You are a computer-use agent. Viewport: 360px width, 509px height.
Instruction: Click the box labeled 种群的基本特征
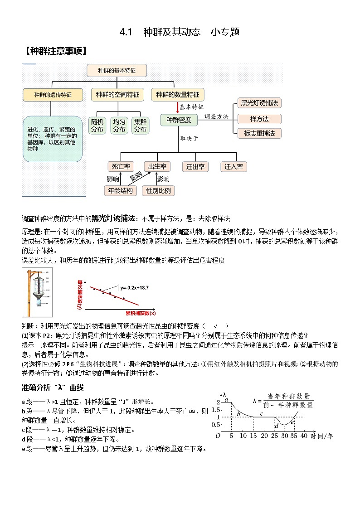pyautogui.click(x=117, y=70)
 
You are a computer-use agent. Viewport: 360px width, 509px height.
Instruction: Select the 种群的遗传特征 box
pyautogui.click(x=53, y=95)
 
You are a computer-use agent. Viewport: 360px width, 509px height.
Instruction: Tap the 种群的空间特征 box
pyautogui.click(x=117, y=95)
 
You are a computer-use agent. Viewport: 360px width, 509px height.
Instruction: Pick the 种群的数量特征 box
pyautogui.click(x=177, y=95)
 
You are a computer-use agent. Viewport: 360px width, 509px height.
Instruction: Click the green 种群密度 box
pyautogui.click(x=179, y=120)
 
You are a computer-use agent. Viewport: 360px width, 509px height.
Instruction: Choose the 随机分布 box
pyautogui.click(x=97, y=126)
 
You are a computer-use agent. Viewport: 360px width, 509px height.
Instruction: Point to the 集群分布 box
pyautogui.click(x=140, y=126)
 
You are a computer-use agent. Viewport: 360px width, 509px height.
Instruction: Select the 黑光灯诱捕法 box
pyautogui.click(x=259, y=103)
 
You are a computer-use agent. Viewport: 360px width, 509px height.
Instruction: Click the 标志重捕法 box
pyautogui.click(x=259, y=133)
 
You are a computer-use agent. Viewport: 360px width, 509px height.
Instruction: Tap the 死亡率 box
pyautogui.click(x=121, y=166)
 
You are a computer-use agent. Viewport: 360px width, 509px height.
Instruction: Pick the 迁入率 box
pyautogui.click(x=234, y=166)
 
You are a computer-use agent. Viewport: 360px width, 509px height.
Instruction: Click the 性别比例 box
pyautogui.click(x=158, y=191)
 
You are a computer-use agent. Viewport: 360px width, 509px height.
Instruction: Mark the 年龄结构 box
pyautogui.click(x=120, y=191)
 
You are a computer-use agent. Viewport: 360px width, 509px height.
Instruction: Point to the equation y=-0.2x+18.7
pyautogui.click(x=135, y=288)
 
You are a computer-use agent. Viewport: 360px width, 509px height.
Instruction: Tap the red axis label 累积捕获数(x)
pyautogui.click(x=141, y=313)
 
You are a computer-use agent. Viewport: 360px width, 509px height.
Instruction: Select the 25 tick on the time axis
pyautogui.click(x=274, y=436)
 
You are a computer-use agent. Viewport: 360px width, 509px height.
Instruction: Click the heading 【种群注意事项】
pyautogui.click(x=54, y=51)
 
